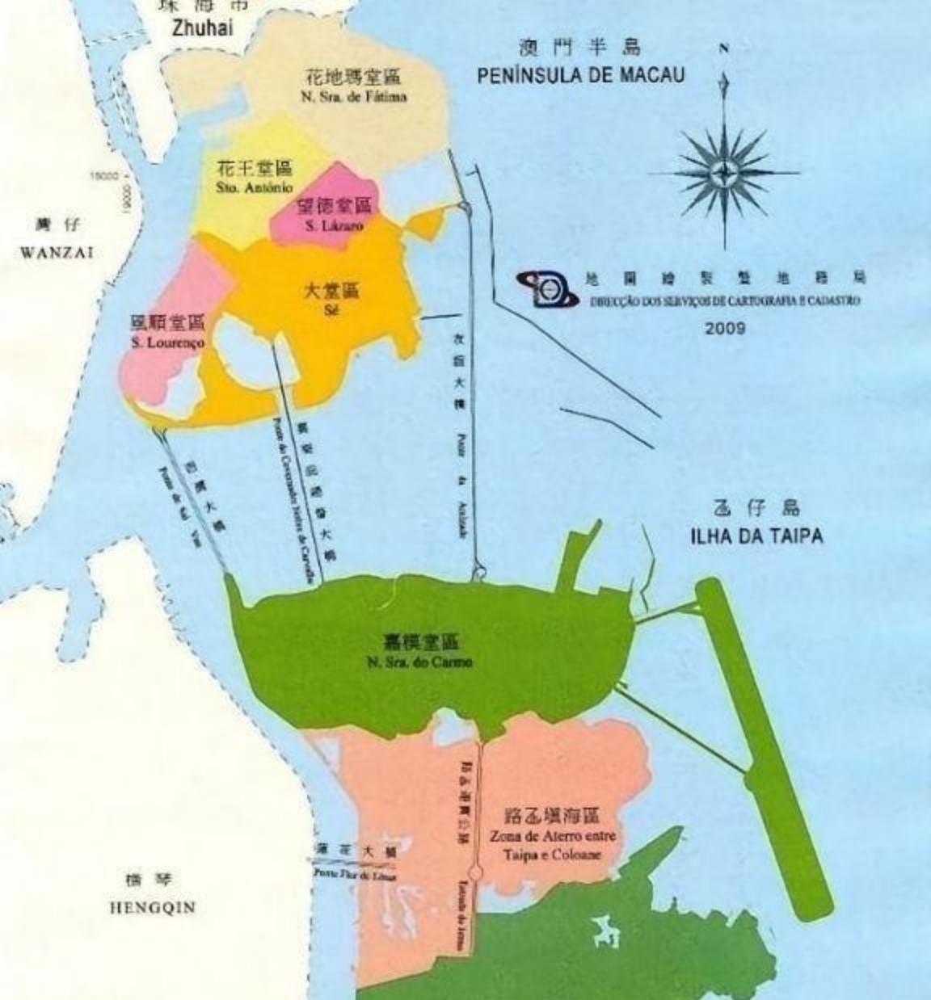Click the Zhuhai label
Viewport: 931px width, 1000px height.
tap(202, 27)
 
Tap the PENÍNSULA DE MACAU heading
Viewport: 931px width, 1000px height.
tap(580, 75)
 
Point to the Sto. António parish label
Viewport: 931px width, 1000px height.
tap(254, 187)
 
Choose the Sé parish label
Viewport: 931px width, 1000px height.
tap(330, 308)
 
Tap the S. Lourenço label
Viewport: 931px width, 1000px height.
tap(167, 342)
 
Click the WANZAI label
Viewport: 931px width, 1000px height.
tap(57, 252)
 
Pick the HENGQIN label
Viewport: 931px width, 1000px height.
tap(152, 907)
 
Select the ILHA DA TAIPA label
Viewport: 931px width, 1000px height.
tap(756, 536)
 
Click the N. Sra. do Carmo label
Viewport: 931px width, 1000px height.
tap(419, 662)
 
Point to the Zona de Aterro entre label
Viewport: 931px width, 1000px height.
tap(553, 837)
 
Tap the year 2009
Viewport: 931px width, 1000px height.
tap(725, 328)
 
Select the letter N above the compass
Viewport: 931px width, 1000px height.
tap(724, 48)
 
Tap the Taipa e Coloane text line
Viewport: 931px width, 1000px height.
tap(553, 854)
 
